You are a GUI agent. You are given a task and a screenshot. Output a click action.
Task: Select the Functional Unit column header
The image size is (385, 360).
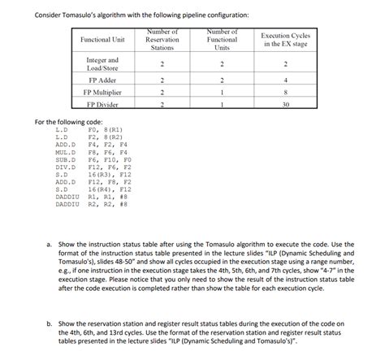point(102,40)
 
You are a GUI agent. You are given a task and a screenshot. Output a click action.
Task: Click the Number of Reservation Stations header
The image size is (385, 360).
point(162,40)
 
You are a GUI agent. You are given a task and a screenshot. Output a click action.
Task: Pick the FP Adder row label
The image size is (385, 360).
point(102,80)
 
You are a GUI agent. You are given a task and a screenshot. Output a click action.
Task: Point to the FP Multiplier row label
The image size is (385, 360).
point(102,93)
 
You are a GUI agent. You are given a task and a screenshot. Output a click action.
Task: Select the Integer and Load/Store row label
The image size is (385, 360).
point(102,63)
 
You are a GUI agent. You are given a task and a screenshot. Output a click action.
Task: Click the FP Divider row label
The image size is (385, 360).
point(102,105)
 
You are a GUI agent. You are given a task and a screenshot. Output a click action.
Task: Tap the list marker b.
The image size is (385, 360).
point(51,323)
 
